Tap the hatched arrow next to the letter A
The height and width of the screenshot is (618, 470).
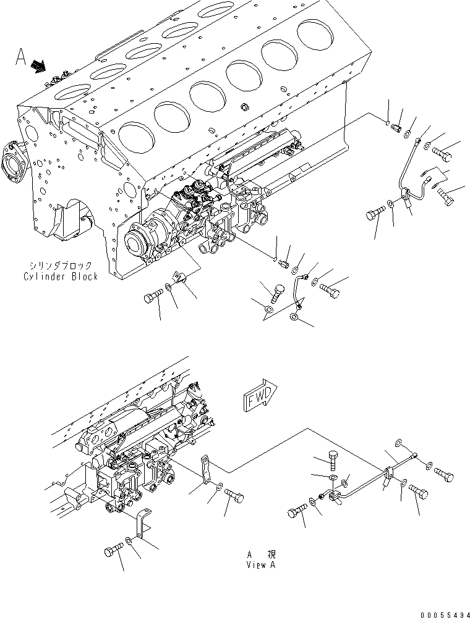(x=38, y=65)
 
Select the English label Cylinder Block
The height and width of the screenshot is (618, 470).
(x=61, y=277)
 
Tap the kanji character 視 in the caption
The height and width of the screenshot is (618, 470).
(x=270, y=554)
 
